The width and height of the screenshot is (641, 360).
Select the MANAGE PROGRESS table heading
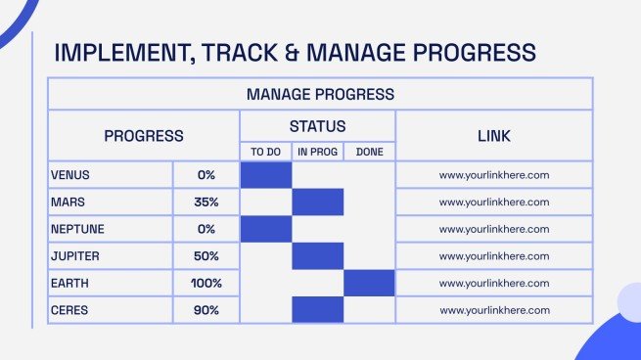(321, 94)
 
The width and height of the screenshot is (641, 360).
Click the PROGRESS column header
(144, 136)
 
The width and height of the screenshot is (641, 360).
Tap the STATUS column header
(318, 126)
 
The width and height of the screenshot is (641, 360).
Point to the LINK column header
(494, 136)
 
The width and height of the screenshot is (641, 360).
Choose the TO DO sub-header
(266, 152)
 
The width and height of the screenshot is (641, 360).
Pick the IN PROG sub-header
(318, 152)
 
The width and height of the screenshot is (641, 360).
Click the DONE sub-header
(370, 152)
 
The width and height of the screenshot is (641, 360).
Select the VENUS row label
(70, 175)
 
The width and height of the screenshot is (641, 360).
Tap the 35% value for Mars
(206, 202)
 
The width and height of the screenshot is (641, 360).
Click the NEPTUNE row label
(77, 229)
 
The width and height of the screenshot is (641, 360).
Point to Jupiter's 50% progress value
(206, 256)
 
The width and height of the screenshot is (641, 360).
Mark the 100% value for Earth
(206, 283)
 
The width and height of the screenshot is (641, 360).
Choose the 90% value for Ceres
(206, 310)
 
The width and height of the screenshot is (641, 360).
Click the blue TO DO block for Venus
(266, 175)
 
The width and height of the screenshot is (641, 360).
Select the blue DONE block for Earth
(369, 283)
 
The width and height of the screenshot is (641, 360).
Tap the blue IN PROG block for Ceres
(318, 310)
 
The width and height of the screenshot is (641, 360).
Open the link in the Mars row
(494, 202)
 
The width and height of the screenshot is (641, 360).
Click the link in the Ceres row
(494, 310)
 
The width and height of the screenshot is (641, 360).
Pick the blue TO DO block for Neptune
(266, 229)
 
